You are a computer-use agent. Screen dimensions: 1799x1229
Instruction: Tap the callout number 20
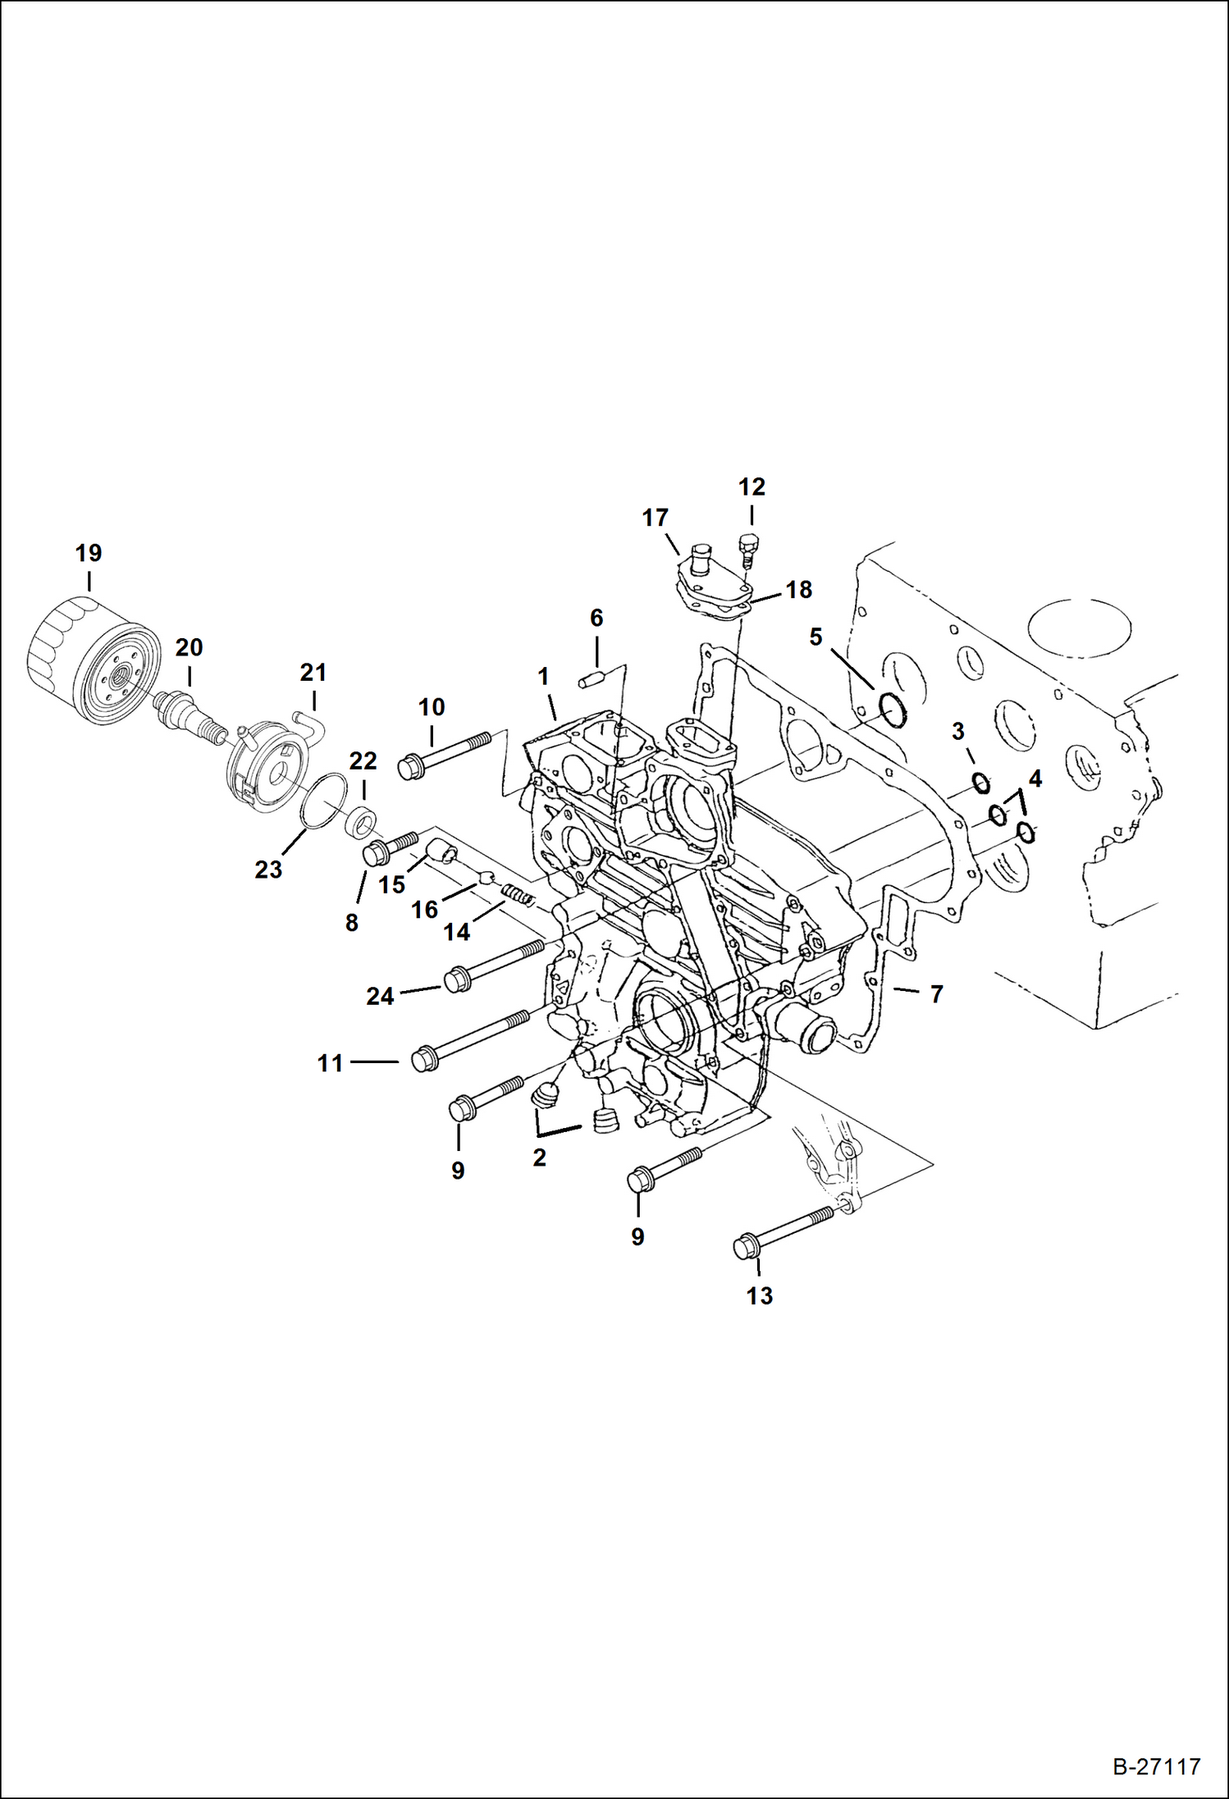point(189,648)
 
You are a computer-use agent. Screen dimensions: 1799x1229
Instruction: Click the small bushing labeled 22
point(362,821)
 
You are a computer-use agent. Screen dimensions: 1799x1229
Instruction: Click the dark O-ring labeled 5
point(893,709)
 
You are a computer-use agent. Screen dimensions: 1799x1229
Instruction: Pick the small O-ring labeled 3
point(981,783)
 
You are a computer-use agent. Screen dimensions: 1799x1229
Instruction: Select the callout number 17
point(655,518)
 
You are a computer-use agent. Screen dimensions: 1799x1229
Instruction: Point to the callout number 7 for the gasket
point(936,994)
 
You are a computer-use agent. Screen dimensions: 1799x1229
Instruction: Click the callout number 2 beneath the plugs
point(539,1157)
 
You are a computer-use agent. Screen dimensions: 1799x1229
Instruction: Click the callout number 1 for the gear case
point(543,677)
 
